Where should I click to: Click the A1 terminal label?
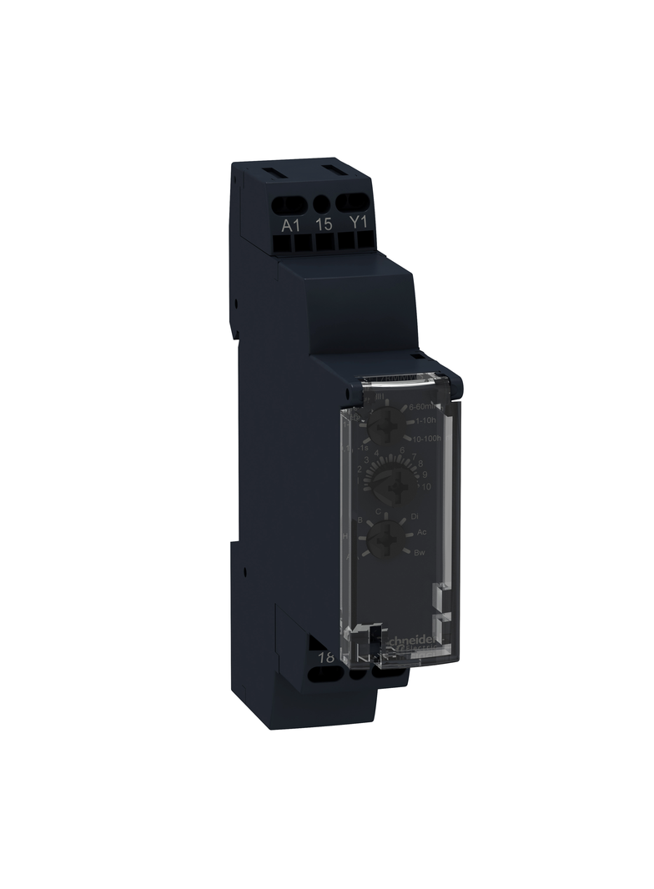pos(290,225)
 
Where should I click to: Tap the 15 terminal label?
pos(324,225)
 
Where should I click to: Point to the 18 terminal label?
pos(326,657)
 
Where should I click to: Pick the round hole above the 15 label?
pos(323,202)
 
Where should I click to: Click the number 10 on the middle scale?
pos(426,486)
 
